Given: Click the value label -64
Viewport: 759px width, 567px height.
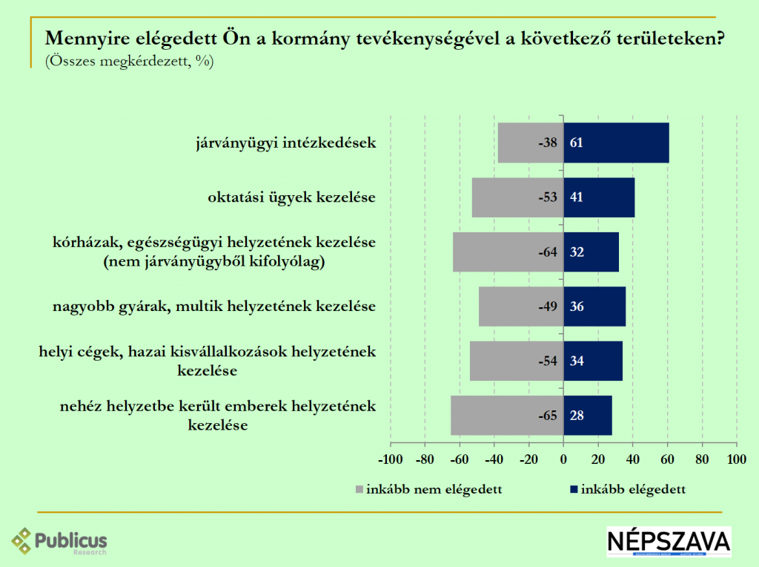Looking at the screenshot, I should coord(548,252).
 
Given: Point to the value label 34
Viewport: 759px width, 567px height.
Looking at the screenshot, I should coord(577,361).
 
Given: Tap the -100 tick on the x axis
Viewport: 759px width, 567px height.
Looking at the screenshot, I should coord(390,459).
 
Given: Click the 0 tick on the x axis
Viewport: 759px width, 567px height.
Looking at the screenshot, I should coord(563,459).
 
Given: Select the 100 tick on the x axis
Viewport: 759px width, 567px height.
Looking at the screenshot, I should coord(736,459).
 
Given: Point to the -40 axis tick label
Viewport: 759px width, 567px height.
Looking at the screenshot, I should coord(494,459).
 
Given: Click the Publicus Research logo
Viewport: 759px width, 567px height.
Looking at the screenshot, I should coord(59,540).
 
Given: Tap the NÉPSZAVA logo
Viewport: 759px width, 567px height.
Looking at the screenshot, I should coord(669,542).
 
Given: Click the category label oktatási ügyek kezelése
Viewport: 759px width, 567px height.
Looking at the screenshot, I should coord(291,197).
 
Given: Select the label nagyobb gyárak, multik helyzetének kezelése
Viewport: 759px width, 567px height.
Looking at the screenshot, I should coord(214,306).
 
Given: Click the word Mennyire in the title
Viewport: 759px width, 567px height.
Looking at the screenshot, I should coord(80,39).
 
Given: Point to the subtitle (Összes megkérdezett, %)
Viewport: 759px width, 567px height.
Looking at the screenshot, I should coord(129,62).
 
